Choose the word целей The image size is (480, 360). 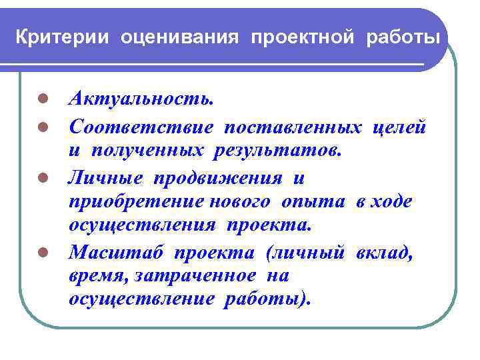click(400, 126)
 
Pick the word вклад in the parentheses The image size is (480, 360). click(387, 253)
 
